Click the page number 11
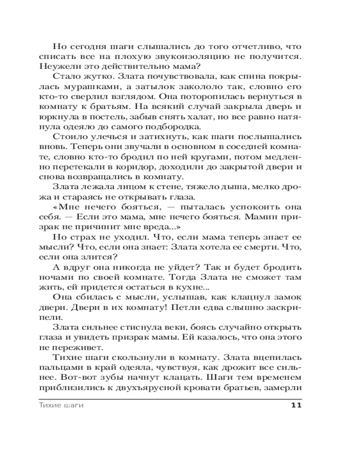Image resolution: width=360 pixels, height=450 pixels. coord(296,405)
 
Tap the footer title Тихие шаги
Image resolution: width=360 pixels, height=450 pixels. coord(59,405)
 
